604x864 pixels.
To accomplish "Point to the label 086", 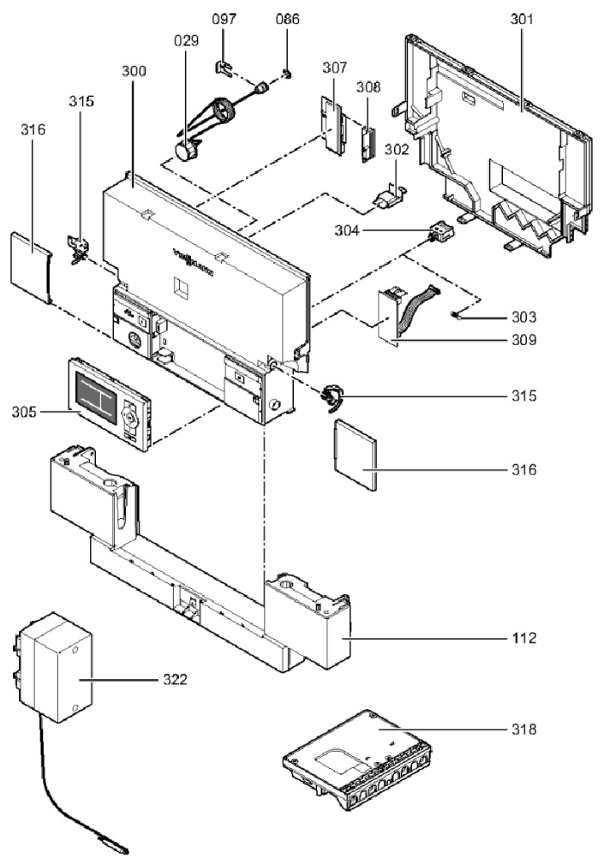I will [x=287, y=19].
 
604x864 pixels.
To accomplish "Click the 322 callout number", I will [x=198, y=678].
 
